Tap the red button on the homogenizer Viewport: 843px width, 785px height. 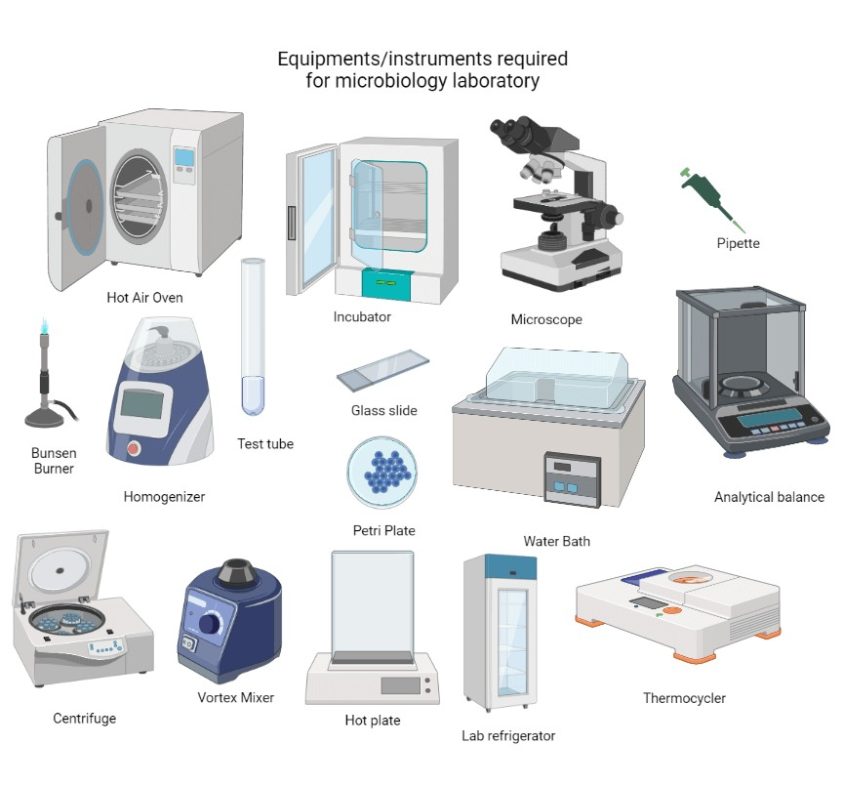(134, 449)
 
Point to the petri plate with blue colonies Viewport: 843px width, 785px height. (382, 473)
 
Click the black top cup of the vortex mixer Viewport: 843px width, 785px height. (236, 572)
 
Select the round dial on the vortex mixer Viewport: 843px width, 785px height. (209, 625)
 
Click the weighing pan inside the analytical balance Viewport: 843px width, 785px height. (749, 387)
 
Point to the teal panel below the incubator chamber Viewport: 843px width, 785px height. (386, 283)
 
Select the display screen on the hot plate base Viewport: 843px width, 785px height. (399, 684)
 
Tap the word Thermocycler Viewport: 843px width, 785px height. (684, 698)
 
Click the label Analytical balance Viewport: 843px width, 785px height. (769, 497)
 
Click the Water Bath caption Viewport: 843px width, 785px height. (556, 541)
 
